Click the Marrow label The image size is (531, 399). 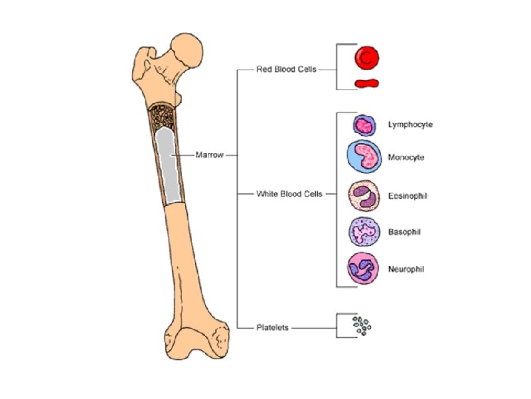209,155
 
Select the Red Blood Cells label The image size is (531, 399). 286,69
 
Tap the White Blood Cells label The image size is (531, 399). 289,194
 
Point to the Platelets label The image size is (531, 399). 272,327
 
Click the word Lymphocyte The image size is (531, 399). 410,124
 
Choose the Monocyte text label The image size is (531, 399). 406,158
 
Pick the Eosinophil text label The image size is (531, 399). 408,196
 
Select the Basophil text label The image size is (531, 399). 404,232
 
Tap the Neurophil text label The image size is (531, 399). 406,269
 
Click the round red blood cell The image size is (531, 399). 366,58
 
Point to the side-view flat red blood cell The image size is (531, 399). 366,84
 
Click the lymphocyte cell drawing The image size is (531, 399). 364,124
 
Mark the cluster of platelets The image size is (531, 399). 362,326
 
